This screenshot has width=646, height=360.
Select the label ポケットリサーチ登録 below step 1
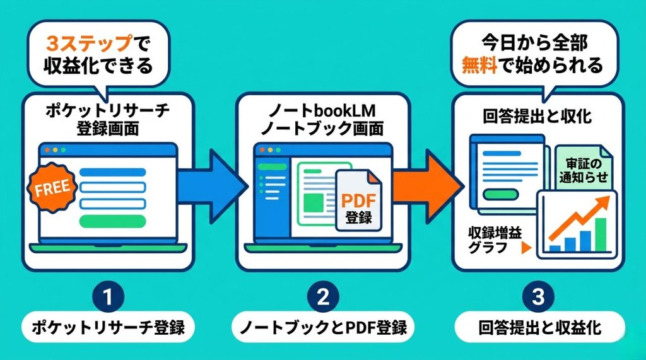[x=107, y=328]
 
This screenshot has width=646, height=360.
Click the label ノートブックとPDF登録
[x=322, y=328]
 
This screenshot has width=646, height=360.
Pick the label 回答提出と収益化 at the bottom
[x=539, y=328]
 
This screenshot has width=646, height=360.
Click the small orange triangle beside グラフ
[x=524, y=248]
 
